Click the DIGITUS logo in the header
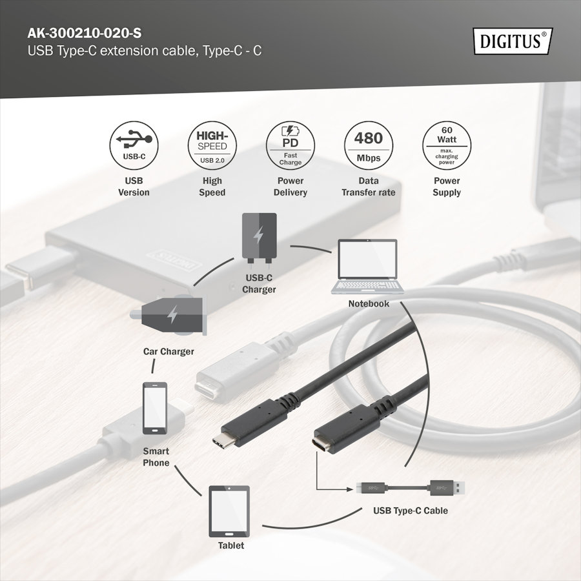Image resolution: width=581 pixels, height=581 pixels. click(513, 41)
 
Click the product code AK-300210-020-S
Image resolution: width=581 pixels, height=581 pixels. click(85, 33)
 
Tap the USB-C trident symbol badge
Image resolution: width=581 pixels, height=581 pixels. click(134, 145)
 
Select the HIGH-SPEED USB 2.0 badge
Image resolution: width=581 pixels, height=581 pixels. click(212, 145)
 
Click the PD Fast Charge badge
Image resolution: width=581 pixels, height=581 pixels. click(290, 145)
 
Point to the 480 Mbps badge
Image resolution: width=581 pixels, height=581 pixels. click(369, 145)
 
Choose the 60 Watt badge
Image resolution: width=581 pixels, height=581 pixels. click(447, 145)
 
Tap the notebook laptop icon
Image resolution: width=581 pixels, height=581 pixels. click(367, 267)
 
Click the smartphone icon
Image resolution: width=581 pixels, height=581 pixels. click(155, 408)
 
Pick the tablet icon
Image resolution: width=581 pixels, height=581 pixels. click(229, 511)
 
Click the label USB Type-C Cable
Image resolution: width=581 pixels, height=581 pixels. click(410, 511)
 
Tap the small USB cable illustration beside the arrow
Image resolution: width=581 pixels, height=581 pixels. click(411, 487)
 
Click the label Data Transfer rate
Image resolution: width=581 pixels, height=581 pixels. click(369, 187)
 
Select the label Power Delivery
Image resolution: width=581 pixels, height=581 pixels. click(290, 187)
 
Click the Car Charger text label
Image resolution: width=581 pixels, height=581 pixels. click(168, 351)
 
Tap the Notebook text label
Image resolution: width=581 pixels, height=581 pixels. click(369, 303)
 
